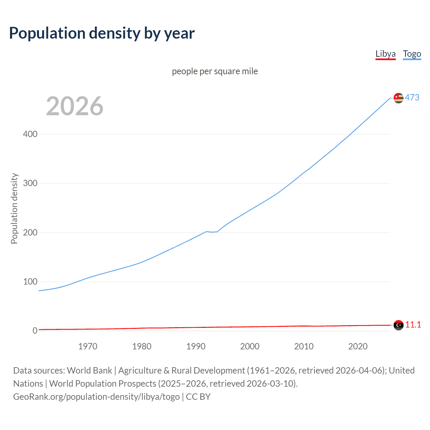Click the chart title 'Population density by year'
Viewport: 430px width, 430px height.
click(x=102, y=33)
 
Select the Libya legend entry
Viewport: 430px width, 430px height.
click(x=385, y=54)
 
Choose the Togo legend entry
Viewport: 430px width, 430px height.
click(x=412, y=54)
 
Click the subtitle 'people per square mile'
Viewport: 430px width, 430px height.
click(x=215, y=71)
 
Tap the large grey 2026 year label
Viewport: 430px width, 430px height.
click(x=75, y=106)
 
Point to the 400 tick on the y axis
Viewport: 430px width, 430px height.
click(x=30, y=134)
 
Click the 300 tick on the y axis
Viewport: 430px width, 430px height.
click(x=30, y=183)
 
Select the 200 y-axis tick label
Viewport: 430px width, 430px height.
click(x=30, y=232)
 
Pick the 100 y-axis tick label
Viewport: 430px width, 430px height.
click(x=30, y=282)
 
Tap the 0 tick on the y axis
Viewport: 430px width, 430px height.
click(x=35, y=331)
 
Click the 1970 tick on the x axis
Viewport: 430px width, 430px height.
click(x=88, y=346)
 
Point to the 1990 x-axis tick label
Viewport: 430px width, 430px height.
click(x=196, y=346)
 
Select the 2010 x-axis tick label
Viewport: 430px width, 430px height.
click(x=304, y=346)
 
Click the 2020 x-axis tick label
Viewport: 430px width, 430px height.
click(x=358, y=346)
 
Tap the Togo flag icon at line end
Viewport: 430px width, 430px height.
click(x=398, y=98)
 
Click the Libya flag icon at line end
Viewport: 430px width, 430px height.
click(x=398, y=325)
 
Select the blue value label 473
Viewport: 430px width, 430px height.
click(x=412, y=97)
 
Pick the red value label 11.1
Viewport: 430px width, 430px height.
click(x=413, y=325)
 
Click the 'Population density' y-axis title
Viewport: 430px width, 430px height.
click(x=14, y=208)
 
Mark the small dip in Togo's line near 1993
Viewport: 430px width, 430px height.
click(x=212, y=232)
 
